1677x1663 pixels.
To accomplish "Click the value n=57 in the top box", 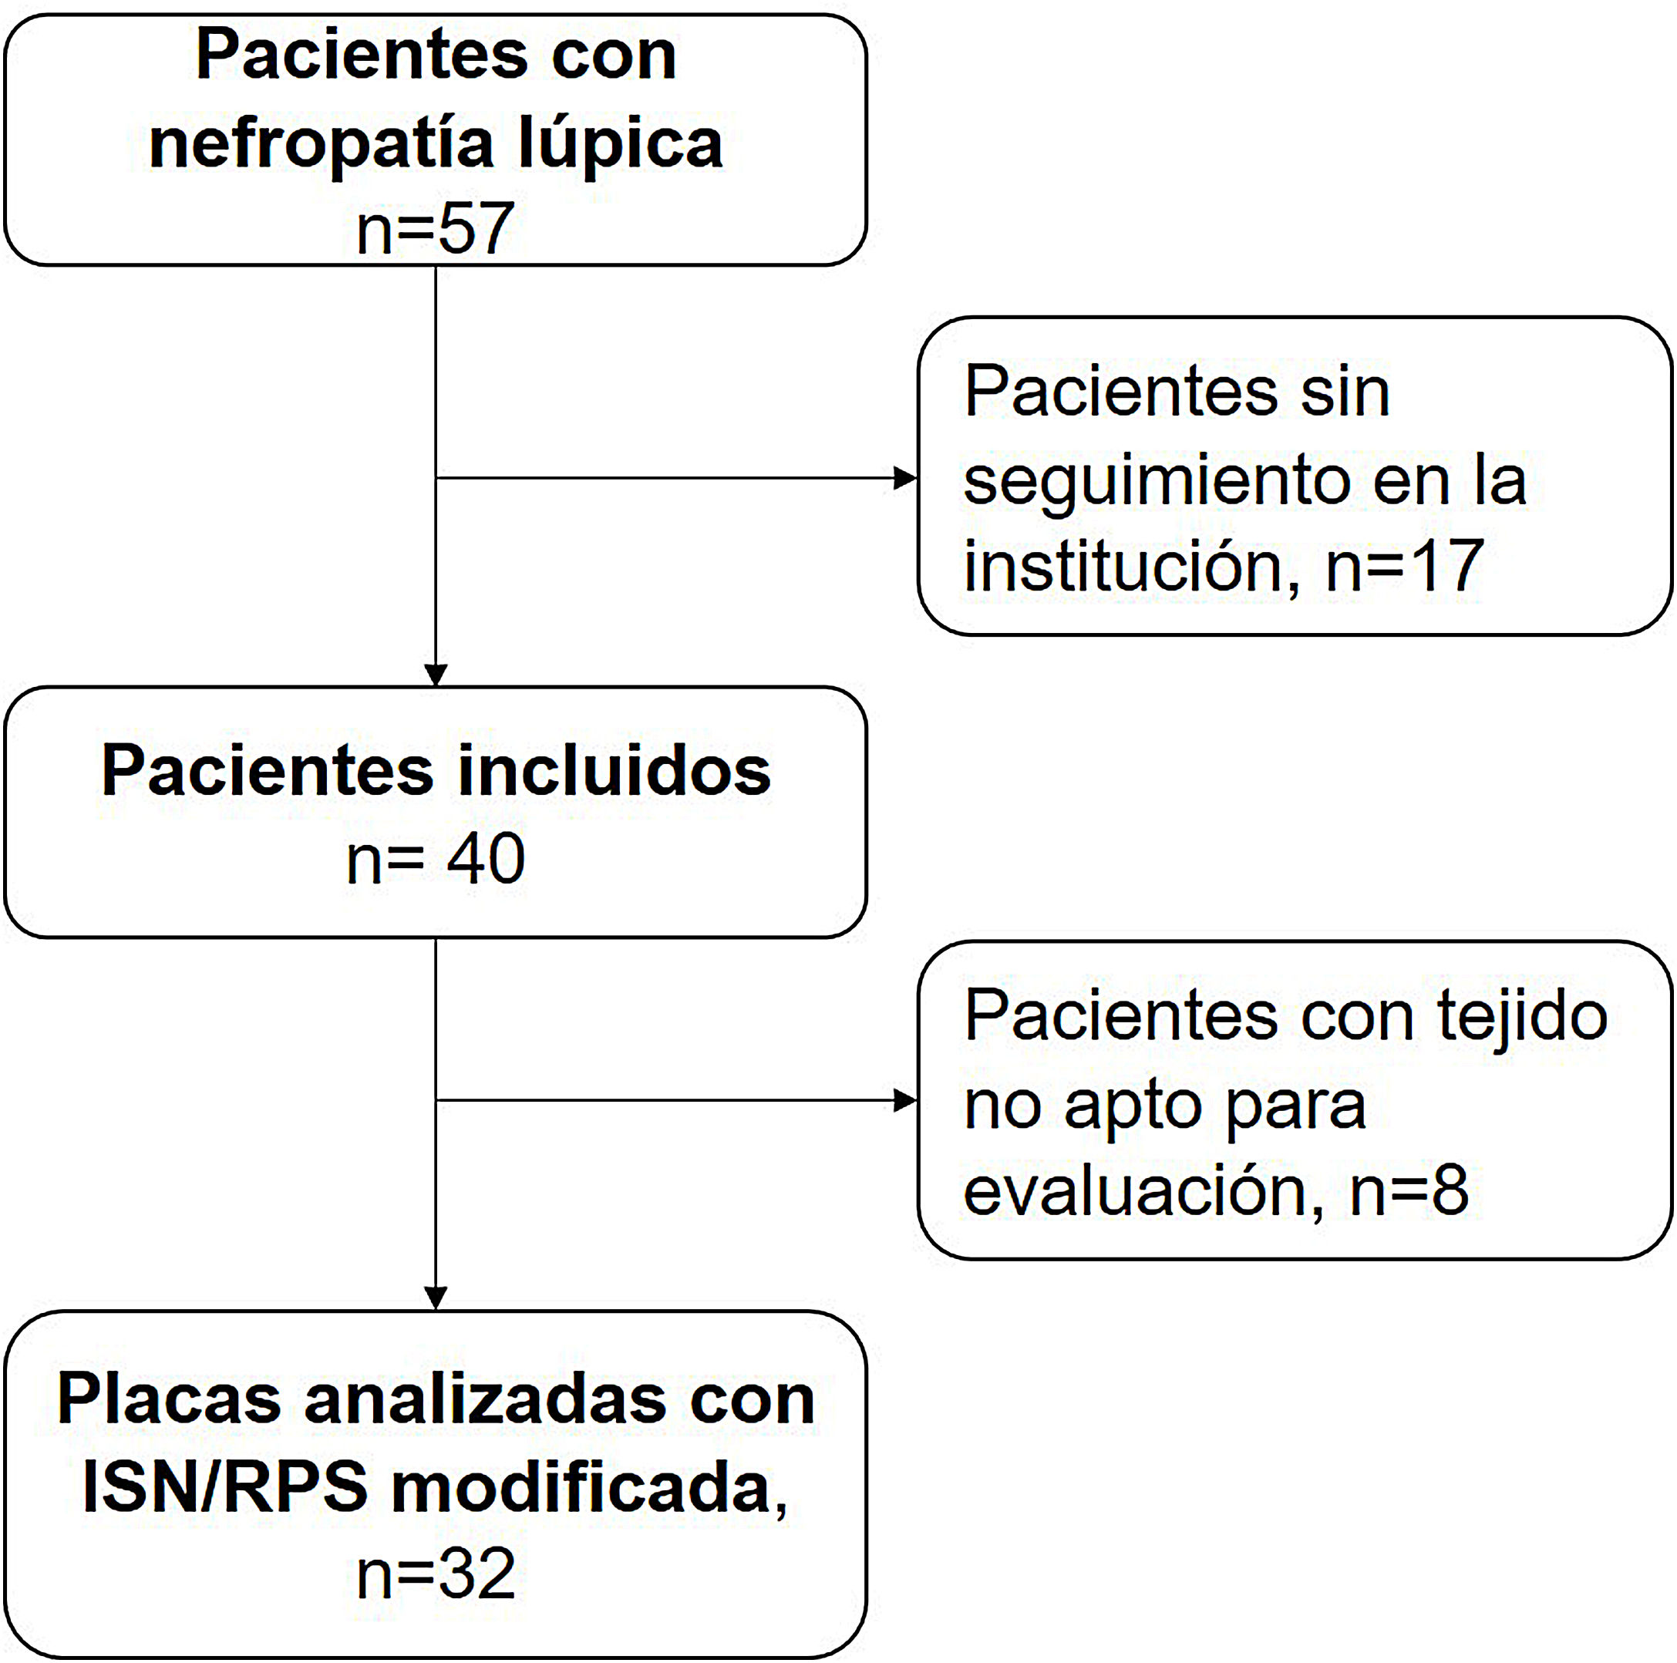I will point(435,228).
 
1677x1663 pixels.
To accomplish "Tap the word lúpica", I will point(621,144).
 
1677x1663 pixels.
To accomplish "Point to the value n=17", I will point(1405,566).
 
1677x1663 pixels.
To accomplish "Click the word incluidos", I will point(614,771).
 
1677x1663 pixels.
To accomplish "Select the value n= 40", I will point(435,860).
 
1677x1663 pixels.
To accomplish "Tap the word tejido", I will point(1523,1015).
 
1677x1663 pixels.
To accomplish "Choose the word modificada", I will point(581,1488).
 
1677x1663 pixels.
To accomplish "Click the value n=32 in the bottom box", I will point(435,1574).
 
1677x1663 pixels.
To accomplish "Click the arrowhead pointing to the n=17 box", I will point(906,478).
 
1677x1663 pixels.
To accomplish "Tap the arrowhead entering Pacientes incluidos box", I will point(436,675).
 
